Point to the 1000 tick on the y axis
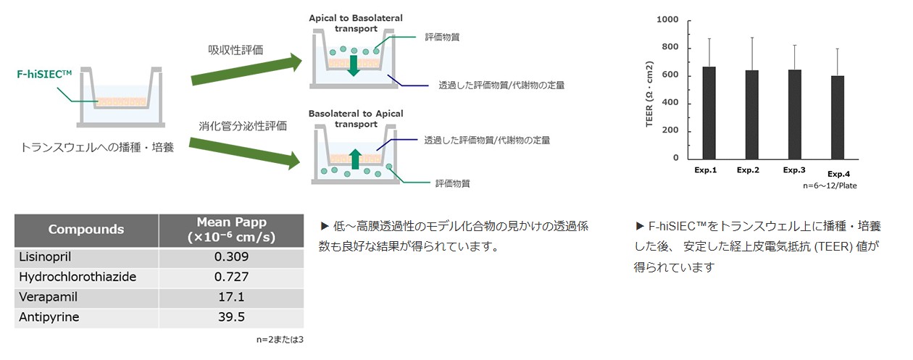pyautogui.click(x=667, y=20)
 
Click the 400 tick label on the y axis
pyautogui.click(x=670, y=103)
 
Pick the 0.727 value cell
pyautogui.click(x=231, y=277)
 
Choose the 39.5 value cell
pyautogui.click(x=231, y=318)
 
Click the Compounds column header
pyautogui.click(x=86, y=230)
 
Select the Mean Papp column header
pyautogui.click(x=231, y=230)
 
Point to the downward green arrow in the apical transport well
pyautogui.click(x=353, y=66)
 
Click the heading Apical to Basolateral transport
pyautogui.click(x=355, y=22)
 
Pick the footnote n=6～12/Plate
pyautogui.click(x=830, y=186)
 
